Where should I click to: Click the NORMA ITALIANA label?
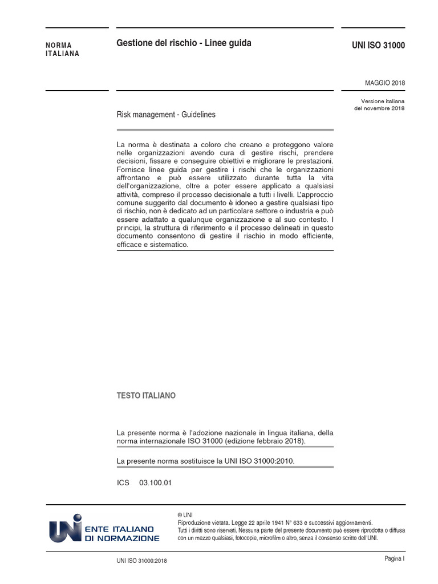click(63, 50)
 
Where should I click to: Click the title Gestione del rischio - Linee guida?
click(184, 43)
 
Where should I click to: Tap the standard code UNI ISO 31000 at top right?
click(379, 46)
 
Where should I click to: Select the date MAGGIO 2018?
click(385, 83)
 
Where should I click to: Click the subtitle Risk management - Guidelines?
click(166, 115)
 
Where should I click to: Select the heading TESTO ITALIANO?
click(146, 396)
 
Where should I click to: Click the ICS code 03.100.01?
click(155, 482)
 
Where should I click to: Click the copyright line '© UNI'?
click(185, 515)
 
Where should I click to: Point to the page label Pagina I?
click(394, 559)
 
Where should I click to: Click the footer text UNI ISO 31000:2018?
click(141, 561)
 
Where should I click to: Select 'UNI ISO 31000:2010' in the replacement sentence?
click(261, 461)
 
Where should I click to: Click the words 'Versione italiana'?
click(383, 101)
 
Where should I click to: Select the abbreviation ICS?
click(123, 482)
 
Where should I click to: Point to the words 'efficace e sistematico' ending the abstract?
click(152, 245)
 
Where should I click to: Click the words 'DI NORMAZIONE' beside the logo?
click(122, 538)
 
